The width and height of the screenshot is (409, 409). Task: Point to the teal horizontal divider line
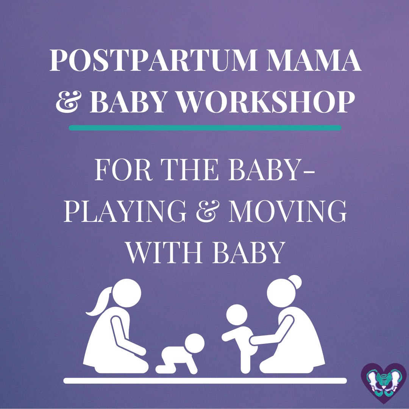pos(205,128)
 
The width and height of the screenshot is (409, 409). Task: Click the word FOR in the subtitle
pos(123,170)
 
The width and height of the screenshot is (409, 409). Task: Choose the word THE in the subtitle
pos(189,170)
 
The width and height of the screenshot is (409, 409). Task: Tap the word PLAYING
pos(125,211)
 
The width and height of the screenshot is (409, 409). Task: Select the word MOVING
pos(287,211)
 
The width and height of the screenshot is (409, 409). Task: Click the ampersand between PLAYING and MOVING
pos(208,211)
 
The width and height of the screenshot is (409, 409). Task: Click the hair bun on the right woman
pos(295,282)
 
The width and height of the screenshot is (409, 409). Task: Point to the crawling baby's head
pos(195,343)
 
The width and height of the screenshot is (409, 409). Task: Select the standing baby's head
pos(237,315)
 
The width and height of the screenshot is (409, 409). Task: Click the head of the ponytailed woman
pos(127,293)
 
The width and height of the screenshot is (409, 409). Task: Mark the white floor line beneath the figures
pos(205,381)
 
